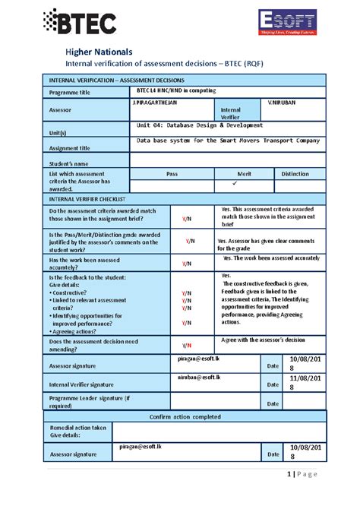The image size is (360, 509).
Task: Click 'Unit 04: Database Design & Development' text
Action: pyautogui.click(x=200, y=125)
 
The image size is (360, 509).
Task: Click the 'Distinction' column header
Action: pyautogui.click(x=295, y=174)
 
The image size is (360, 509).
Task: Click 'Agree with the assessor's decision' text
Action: pyautogui.click(x=263, y=340)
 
